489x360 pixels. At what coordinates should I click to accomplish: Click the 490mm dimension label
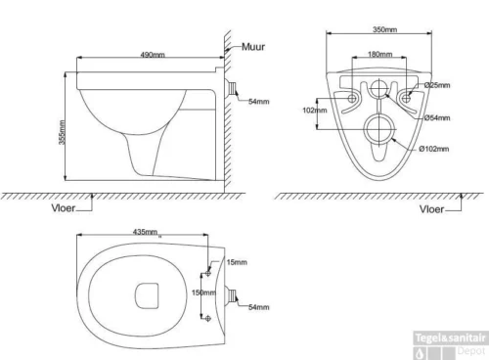click(x=153, y=55)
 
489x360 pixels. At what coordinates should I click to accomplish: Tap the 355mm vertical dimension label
click(x=62, y=132)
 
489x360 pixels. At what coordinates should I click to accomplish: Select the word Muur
click(x=253, y=47)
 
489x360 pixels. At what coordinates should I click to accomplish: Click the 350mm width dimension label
click(x=385, y=29)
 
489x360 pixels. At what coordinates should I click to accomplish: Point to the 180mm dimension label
click(x=380, y=54)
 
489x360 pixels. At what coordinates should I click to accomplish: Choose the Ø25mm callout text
click(x=437, y=85)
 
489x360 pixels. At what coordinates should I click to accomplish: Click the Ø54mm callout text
click(x=437, y=117)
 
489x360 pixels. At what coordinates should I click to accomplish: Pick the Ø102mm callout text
click(x=434, y=149)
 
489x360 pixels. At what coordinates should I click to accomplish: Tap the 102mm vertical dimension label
click(x=315, y=111)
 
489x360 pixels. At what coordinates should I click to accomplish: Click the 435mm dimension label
click(x=145, y=232)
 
